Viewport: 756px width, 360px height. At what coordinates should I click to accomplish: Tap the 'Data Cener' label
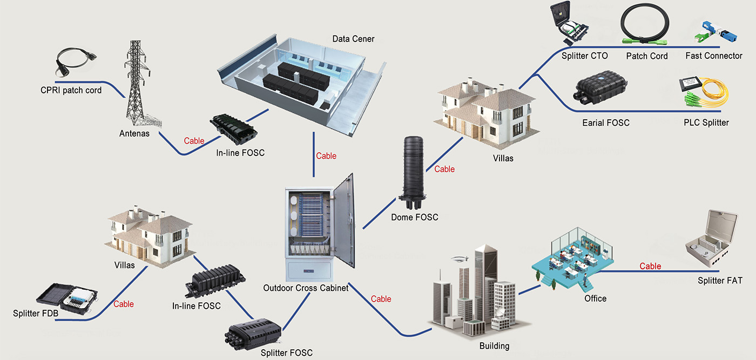(x=353, y=39)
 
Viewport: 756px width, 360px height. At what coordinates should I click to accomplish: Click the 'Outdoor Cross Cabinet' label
(x=306, y=288)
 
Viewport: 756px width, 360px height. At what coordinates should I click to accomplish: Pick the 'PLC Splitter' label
(x=706, y=123)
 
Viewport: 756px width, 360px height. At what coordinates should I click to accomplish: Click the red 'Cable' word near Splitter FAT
(x=650, y=266)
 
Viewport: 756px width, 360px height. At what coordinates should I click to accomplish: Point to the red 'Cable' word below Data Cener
(x=326, y=156)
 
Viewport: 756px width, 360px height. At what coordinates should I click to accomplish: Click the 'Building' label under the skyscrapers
(x=494, y=346)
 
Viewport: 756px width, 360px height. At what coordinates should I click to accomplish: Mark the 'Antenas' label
(x=134, y=133)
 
